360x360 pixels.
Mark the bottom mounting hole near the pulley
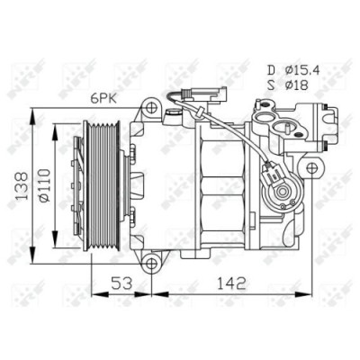point(152,265)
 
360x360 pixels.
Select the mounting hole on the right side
point(312,167)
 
